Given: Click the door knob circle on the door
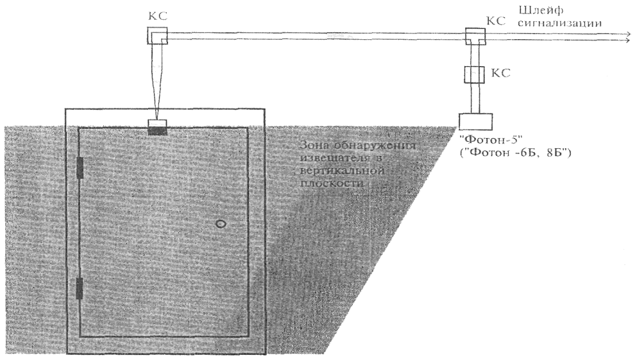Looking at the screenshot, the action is coord(221,224).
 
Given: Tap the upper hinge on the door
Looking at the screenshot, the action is coord(80,167).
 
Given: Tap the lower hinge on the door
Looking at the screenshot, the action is coord(80,289).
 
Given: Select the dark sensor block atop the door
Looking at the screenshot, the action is coord(157,131).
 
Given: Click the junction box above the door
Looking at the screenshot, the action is coord(158,36).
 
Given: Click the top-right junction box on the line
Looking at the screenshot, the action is coord(476,37).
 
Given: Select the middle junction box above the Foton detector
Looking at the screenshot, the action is coord(476,75).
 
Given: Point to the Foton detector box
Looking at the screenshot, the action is coord(476,120).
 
